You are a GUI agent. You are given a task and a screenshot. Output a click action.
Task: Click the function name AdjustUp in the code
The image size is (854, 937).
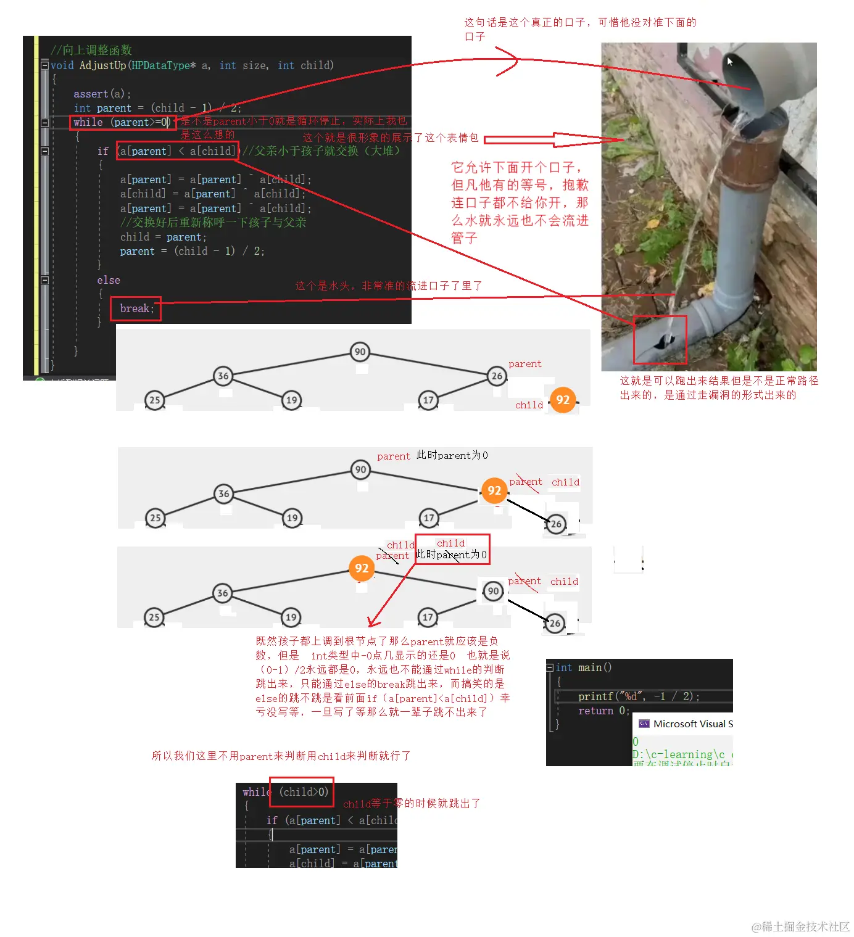[x=102, y=65]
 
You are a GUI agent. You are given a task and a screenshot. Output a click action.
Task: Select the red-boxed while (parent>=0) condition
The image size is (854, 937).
[x=122, y=122]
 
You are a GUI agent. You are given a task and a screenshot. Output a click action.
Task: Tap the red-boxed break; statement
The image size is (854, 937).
[x=136, y=308]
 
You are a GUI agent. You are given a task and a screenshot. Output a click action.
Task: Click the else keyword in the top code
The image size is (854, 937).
[x=109, y=280]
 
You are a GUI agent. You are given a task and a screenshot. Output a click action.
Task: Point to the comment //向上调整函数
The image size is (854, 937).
[x=91, y=50]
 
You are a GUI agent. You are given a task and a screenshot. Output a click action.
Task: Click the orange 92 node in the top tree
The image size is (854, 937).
[x=563, y=400]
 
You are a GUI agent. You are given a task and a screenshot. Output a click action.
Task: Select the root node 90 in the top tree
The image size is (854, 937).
[x=360, y=352]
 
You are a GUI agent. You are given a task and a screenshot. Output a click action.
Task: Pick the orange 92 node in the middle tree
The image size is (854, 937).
[x=494, y=490]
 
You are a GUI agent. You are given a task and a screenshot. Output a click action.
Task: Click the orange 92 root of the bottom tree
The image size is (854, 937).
[x=362, y=568]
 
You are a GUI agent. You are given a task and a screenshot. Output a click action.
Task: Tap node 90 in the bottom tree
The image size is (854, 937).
[x=493, y=591]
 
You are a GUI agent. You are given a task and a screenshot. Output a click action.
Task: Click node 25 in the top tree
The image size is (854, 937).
[x=154, y=400]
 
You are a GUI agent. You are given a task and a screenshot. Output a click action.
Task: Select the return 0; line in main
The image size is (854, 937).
[x=603, y=711]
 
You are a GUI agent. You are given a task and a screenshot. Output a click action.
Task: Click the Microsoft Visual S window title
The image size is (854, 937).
[x=692, y=724]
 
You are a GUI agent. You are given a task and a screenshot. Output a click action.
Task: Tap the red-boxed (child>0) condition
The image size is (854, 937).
[x=302, y=791]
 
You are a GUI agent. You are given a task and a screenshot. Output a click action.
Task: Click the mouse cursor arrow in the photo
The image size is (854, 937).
[x=730, y=61]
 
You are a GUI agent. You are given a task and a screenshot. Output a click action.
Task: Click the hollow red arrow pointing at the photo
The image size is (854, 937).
[x=555, y=140]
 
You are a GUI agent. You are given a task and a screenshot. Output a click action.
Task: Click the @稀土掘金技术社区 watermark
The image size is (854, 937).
[x=800, y=926]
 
